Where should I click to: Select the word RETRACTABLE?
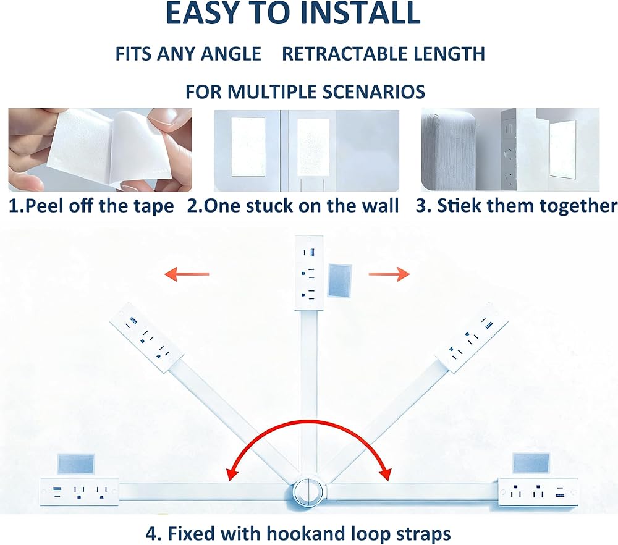coord(336,54)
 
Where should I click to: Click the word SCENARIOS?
coord(374,92)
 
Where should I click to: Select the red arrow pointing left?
coord(187,274)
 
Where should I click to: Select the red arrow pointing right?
coord(389,274)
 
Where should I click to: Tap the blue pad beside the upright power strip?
coord(339,281)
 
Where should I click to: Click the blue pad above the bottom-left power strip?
coord(76,464)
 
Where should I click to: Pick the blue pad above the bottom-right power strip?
coord(531,463)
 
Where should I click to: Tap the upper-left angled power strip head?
coord(146,337)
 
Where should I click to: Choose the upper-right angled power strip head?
coord(472,337)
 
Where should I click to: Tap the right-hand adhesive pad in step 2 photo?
coord(313,146)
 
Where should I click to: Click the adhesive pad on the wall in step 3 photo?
coord(562,148)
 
